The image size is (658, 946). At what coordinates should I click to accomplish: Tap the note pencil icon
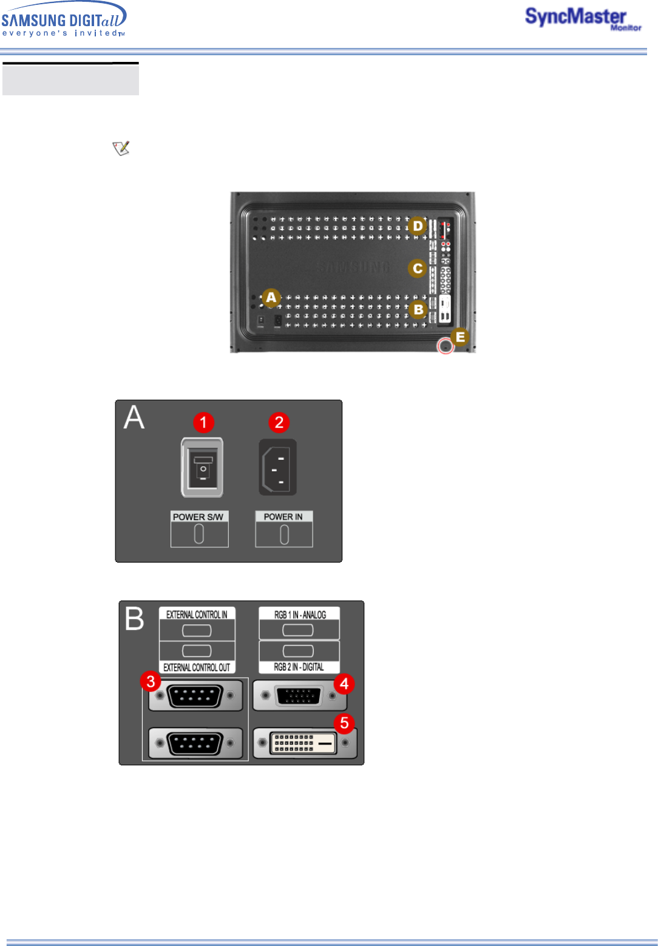coord(121,148)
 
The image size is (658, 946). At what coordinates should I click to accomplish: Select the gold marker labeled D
coord(418,226)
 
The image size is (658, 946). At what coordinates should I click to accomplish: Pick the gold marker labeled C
coord(418,268)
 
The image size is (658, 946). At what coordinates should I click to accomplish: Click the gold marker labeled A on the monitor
coord(271,297)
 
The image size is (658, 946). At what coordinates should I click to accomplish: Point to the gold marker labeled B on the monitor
coord(418,309)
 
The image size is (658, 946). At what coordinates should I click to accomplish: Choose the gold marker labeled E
coord(460,337)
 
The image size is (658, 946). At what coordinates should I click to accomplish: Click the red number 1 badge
coord(203,422)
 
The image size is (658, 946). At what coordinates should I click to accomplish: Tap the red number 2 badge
coord(279,422)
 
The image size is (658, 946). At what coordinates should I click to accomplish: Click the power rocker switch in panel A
coord(203,467)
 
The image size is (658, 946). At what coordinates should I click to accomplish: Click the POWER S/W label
coord(198,517)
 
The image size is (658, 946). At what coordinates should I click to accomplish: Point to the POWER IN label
coord(283,517)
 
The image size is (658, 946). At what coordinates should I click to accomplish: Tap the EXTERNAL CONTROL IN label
coord(197,615)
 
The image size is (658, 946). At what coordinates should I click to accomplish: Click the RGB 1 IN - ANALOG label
coord(300,615)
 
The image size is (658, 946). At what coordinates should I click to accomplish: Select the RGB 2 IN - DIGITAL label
coord(299,667)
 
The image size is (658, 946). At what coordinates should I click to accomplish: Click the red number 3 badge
coord(151,681)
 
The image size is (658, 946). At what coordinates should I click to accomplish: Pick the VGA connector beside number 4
coord(299,696)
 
